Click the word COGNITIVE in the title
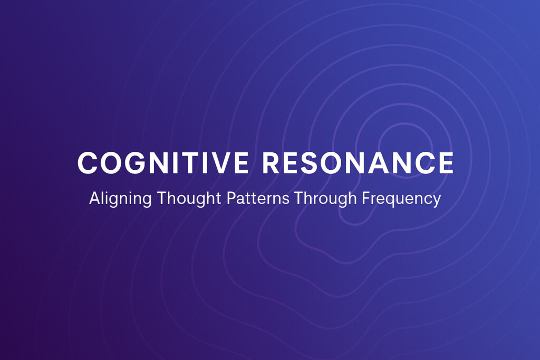click(163, 163)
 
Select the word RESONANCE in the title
click(358, 163)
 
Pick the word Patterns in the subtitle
click(258, 198)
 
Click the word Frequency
click(401, 199)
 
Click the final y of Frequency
click(436, 200)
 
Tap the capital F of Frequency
click(366, 198)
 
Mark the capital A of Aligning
click(95, 198)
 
